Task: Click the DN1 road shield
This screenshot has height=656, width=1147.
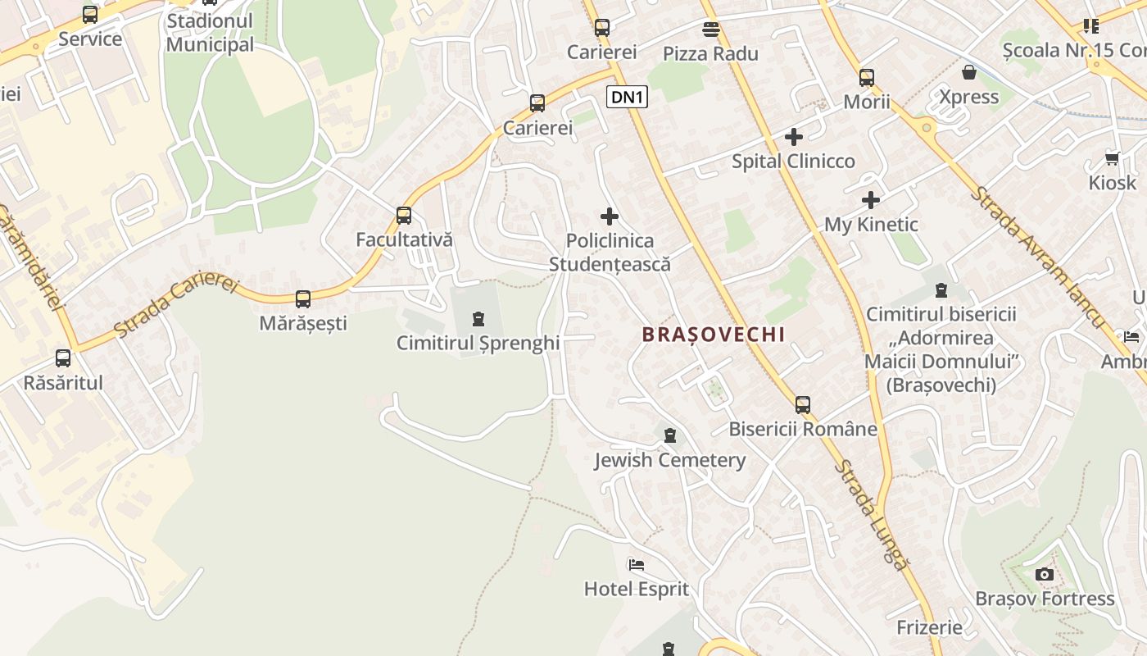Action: coord(628,98)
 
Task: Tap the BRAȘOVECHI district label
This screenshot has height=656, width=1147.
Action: coord(714,335)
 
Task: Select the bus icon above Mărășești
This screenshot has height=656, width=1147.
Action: coord(303,299)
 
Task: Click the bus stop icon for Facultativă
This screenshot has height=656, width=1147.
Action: coord(404,216)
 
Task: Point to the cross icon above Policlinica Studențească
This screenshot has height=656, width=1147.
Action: coord(610,216)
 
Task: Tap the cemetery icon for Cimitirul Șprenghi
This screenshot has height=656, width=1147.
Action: coord(478,319)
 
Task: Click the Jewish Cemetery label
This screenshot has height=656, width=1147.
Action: coord(669,460)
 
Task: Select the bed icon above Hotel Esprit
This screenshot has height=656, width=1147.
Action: coord(636,565)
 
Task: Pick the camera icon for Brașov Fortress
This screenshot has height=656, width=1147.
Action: coord(1044,574)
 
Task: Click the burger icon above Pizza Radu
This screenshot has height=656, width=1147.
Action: coord(710,30)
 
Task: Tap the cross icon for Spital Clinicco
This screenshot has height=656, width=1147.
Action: coord(793,137)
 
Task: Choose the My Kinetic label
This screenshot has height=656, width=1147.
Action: coord(871,225)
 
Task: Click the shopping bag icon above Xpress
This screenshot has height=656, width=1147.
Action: coord(969,72)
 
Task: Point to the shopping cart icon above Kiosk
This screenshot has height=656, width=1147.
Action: coord(1112,158)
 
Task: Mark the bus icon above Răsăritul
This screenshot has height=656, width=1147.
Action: coord(63,358)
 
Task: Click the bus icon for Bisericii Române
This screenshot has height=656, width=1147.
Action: coord(803,405)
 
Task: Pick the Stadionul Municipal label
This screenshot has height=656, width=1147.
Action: coord(210,32)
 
